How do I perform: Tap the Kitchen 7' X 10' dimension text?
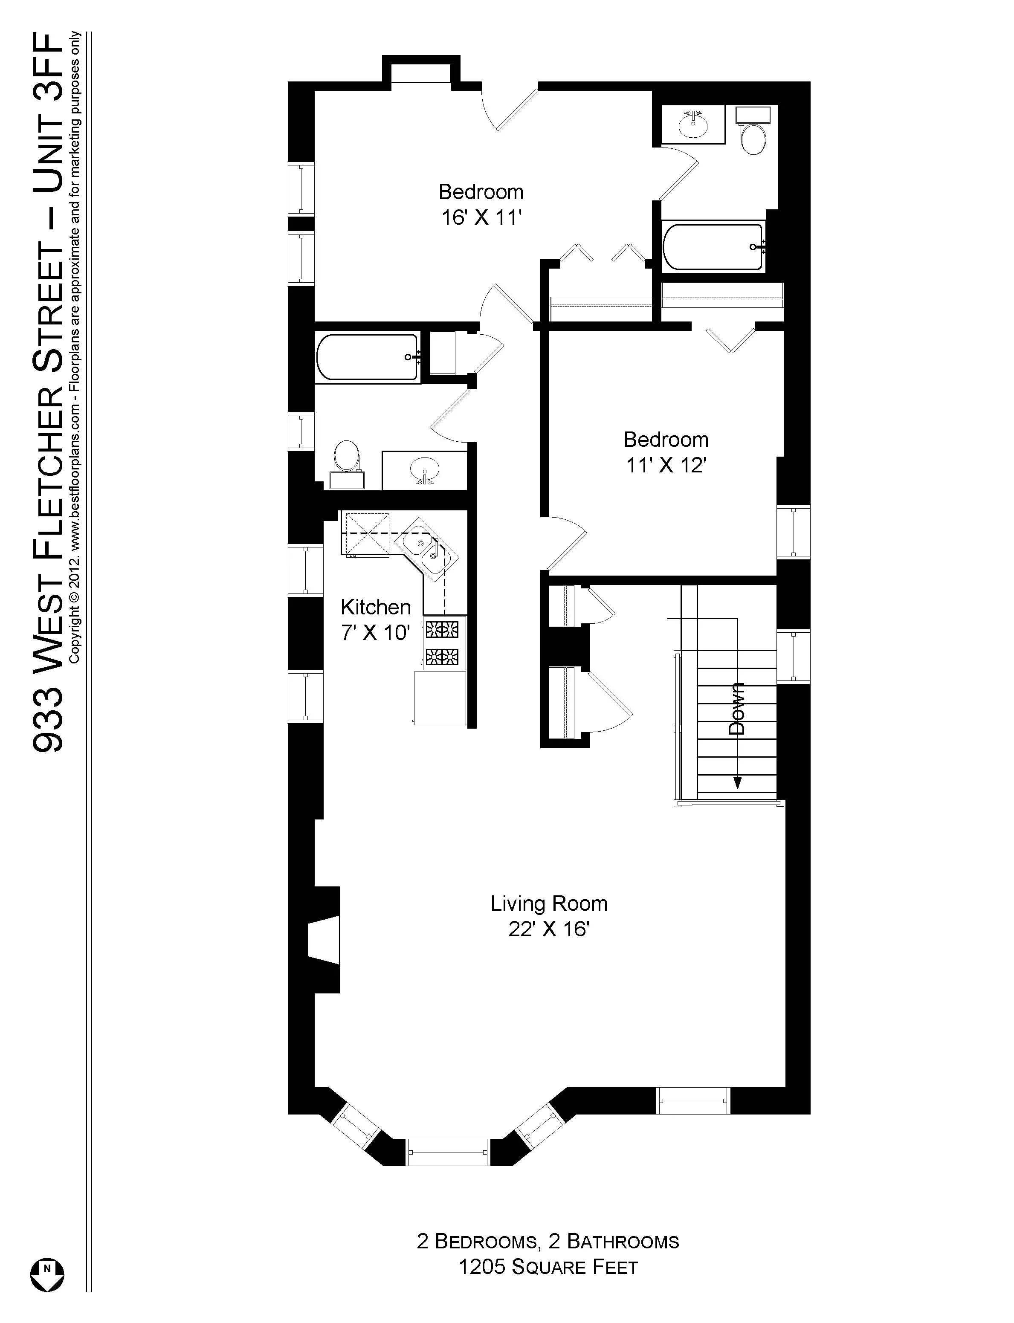tap(375, 633)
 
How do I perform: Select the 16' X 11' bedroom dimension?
tap(481, 217)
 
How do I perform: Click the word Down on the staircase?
tap(737, 708)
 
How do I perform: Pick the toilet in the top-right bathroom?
tap(753, 136)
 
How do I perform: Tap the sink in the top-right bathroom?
tap(693, 125)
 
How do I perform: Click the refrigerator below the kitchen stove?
tap(440, 698)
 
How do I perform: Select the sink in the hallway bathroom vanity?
tap(425, 469)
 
